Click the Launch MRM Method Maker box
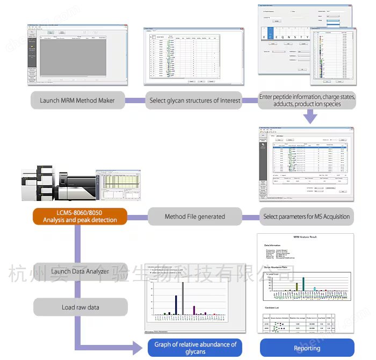[x=77, y=100]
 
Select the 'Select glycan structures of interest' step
[x=194, y=100]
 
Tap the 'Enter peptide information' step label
[x=307, y=100]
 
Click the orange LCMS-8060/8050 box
[x=80, y=217]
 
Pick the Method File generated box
[x=194, y=217]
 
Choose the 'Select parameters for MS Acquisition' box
[x=307, y=217]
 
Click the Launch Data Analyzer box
[x=80, y=271]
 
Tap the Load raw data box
[x=80, y=307]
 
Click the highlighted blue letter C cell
[x=272, y=37]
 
